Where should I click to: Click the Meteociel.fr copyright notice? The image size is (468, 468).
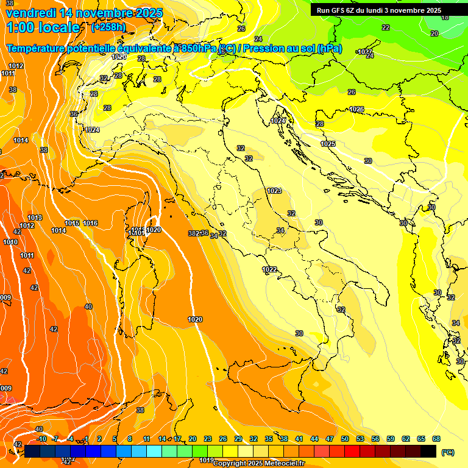click(x=259, y=463)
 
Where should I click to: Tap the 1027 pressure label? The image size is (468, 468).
click(x=365, y=52)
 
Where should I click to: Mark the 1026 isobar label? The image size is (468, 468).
click(x=356, y=109)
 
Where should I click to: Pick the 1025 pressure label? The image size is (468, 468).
click(x=328, y=144)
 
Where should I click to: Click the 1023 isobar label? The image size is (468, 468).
click(x=274, y=191)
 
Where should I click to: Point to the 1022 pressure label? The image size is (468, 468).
click(x=269, y=269)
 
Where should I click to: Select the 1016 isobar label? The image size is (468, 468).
click(x=90, y=223)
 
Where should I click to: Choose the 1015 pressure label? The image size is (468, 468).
click(x=72, y=223)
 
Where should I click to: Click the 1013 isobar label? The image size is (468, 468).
click(x=35, y=218)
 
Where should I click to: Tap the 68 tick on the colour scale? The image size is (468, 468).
click(x=436, y=439)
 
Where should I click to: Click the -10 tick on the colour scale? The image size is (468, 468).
click(x=41, y=439)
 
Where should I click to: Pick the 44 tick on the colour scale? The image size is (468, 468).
click(x=314, y=439)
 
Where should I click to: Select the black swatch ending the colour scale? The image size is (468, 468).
click(x=428, y=451)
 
